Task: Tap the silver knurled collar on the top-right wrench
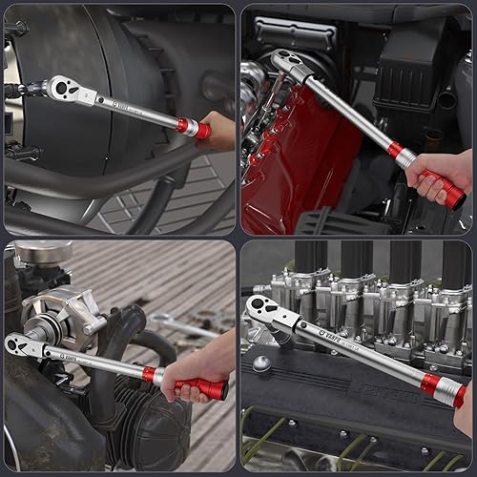[404, 156]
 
